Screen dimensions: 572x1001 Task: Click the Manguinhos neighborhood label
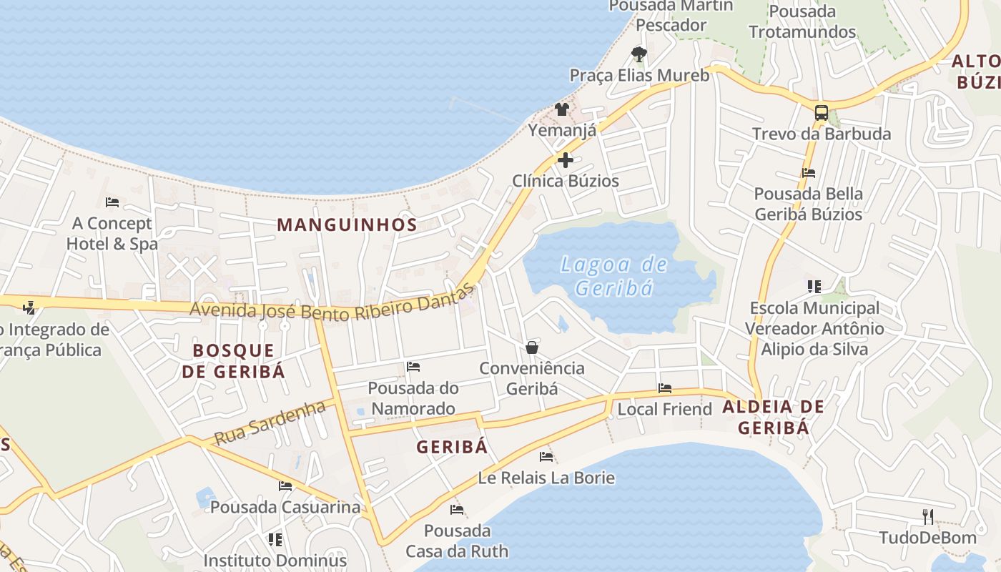coord(347,225)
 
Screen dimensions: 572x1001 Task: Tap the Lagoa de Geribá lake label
coord(614,276)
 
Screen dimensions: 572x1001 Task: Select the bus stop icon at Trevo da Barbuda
coord(822,112)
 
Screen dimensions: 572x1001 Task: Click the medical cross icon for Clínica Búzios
coord(565,159)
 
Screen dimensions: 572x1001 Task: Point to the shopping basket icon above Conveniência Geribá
coord(532,347)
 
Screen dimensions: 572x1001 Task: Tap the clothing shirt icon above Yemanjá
coord(562,109)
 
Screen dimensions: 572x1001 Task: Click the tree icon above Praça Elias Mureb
coord(639,54)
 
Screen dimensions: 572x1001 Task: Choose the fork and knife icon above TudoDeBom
coord(927,516)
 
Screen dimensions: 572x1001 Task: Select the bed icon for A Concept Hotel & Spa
coord(112,202)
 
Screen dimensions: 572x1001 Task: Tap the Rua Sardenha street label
coord(270,422)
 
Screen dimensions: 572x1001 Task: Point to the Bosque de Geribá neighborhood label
coord(233,360)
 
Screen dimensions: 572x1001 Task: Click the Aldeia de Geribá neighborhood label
coord(773,417)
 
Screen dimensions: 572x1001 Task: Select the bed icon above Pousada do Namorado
coord(413,367)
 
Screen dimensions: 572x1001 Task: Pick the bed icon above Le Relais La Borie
coord(546,456)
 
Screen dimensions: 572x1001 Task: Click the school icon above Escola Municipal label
coord(814,287)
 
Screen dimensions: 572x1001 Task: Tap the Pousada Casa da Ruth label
coord(457,541)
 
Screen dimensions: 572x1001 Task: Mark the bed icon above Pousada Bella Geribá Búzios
coord(809,172)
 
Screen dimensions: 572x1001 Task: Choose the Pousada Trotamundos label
coord(802,21)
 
